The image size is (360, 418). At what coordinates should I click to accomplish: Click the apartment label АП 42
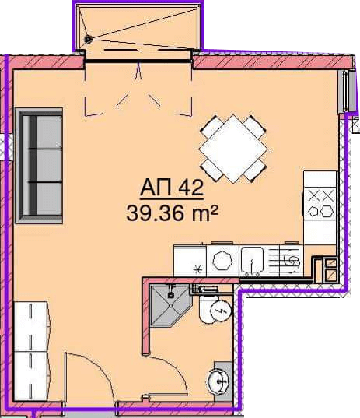pos(172,188)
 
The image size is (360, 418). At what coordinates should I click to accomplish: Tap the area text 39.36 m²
pos(172,213)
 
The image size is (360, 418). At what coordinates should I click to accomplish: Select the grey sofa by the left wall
pos(39,166)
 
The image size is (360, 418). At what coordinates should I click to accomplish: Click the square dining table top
pos(233,149)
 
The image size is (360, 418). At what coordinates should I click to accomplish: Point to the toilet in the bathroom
pos(215,308)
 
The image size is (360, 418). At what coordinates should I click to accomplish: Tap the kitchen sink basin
pos(252,260)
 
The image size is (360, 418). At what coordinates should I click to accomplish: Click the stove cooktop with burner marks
pos(320,204)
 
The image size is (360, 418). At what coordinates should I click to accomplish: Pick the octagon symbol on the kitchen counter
pos(222,260)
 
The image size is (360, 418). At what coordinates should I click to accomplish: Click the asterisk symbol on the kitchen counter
pos(197,270)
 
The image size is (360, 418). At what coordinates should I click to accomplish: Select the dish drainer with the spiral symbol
pos(291,261)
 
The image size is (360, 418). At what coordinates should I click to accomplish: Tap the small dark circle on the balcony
pos(88,40)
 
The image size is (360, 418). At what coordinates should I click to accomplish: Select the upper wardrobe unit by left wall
pos(31,326)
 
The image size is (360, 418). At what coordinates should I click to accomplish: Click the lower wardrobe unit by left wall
pos(31,376)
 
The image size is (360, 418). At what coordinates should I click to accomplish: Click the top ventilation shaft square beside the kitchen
pos(330,264)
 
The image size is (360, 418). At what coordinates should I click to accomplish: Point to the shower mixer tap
pos(171,292)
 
